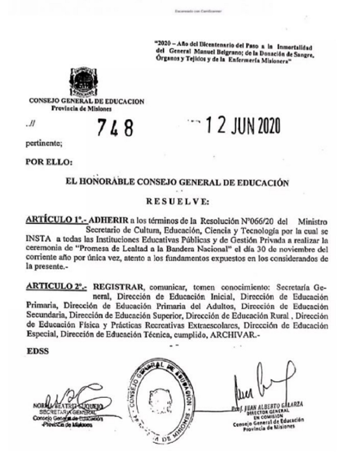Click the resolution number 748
click(x=115, y=128)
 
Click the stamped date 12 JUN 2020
click(x=242, y=126)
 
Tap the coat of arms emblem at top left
click(x=83, y=81)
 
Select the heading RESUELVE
click(x=177, y=201)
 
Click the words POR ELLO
click(x=49, y=162)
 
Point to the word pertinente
click(x=44, y=143)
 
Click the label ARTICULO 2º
click(x=56, y=287)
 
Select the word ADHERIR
click(x=108, y=220)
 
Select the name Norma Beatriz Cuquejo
click(x=68, y=406)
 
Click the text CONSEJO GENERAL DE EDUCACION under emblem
click(x=86, y=101)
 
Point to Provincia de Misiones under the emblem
click(x=81, y=108)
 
